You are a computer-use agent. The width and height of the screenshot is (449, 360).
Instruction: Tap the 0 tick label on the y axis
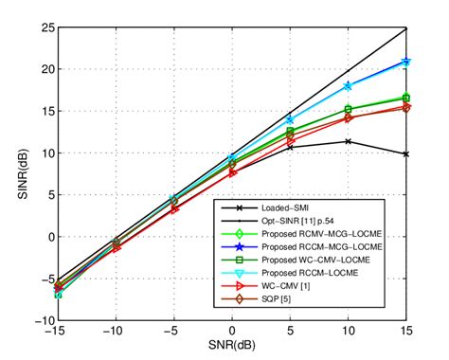(48, 237)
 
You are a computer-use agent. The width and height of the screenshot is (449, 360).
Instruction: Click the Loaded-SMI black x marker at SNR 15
(407, 153)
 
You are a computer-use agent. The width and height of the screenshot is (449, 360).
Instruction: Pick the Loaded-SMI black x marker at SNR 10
(349, 141)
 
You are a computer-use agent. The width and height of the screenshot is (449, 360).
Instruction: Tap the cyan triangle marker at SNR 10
(349, 87)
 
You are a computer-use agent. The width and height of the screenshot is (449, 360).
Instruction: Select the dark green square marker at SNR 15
(407, 99)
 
